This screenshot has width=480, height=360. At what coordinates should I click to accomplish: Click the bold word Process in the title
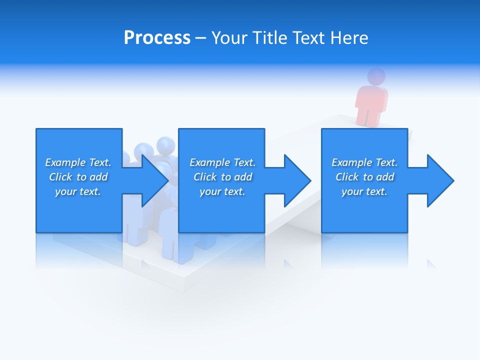pos(157,38)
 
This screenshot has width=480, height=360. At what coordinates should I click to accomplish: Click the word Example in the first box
pos(65,162)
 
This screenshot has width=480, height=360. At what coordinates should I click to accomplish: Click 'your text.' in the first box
pos(78,191)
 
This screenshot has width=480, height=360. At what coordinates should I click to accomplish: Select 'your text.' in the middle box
pos(222,191)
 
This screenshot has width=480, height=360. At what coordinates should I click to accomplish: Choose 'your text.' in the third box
pos(364,191)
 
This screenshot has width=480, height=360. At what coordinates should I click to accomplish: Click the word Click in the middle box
pos(204,177)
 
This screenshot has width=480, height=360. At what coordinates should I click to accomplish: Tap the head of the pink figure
pos(376,76)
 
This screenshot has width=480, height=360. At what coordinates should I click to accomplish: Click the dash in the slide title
pos(200,38)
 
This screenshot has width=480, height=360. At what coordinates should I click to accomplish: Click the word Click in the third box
pos(347,177)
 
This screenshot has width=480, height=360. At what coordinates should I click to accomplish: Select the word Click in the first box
pos(60,177)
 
